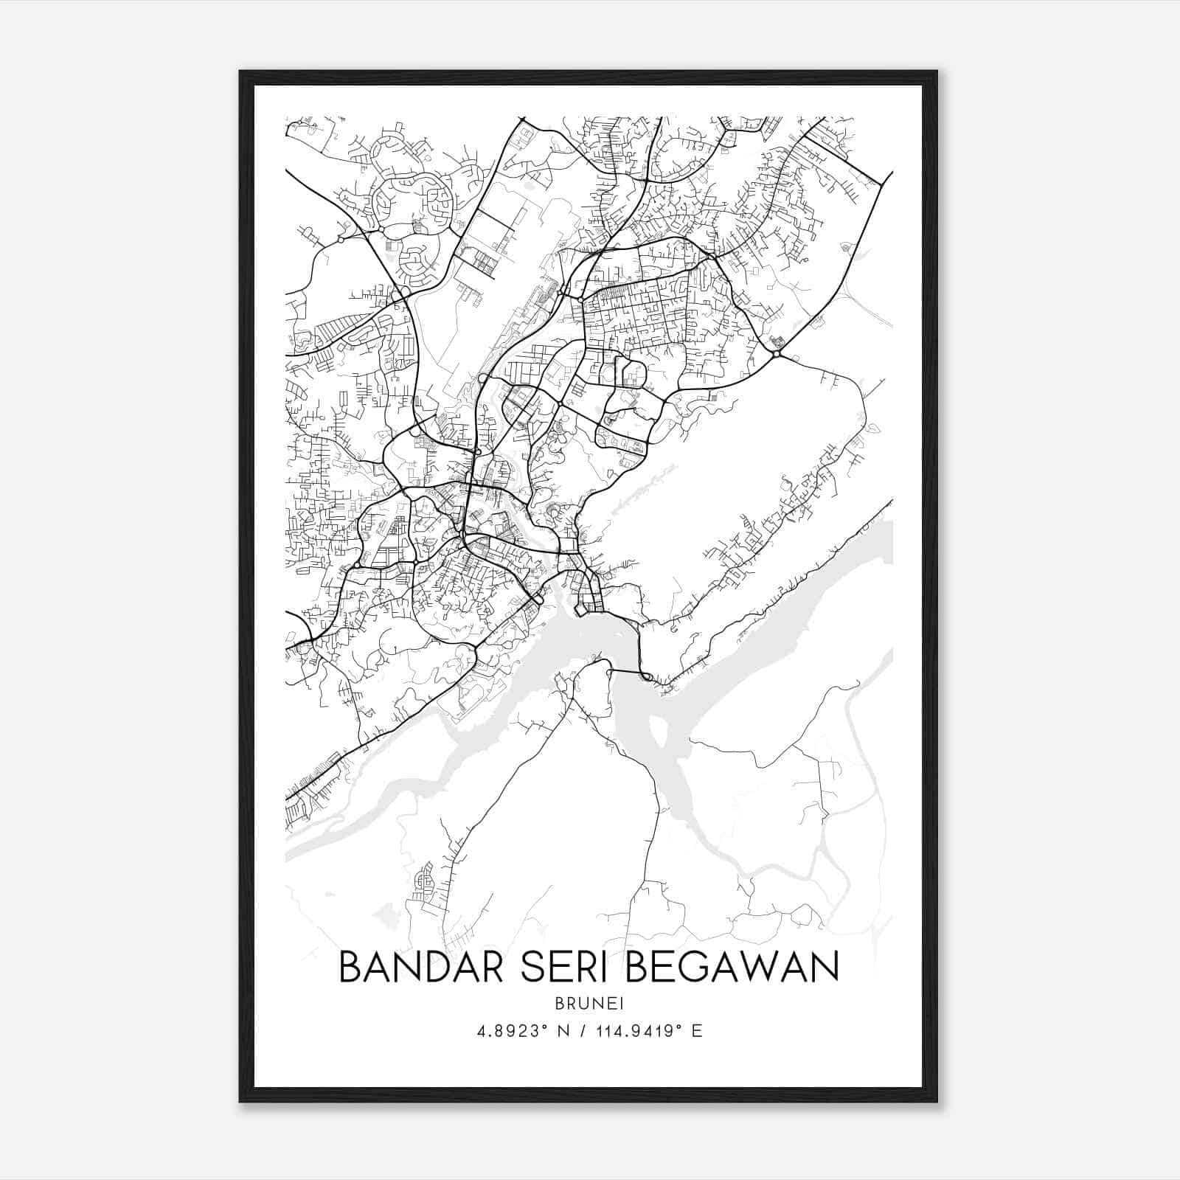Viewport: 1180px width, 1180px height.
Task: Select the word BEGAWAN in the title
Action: (x=732, y=966)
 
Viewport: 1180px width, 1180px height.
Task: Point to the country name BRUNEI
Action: (x=589, y=1003)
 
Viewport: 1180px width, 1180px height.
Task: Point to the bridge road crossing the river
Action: (x=625, y=671)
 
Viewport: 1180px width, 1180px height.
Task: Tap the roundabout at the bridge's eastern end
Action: (x=645, y=676)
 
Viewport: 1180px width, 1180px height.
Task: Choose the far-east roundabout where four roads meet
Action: (x=777, y=355)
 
